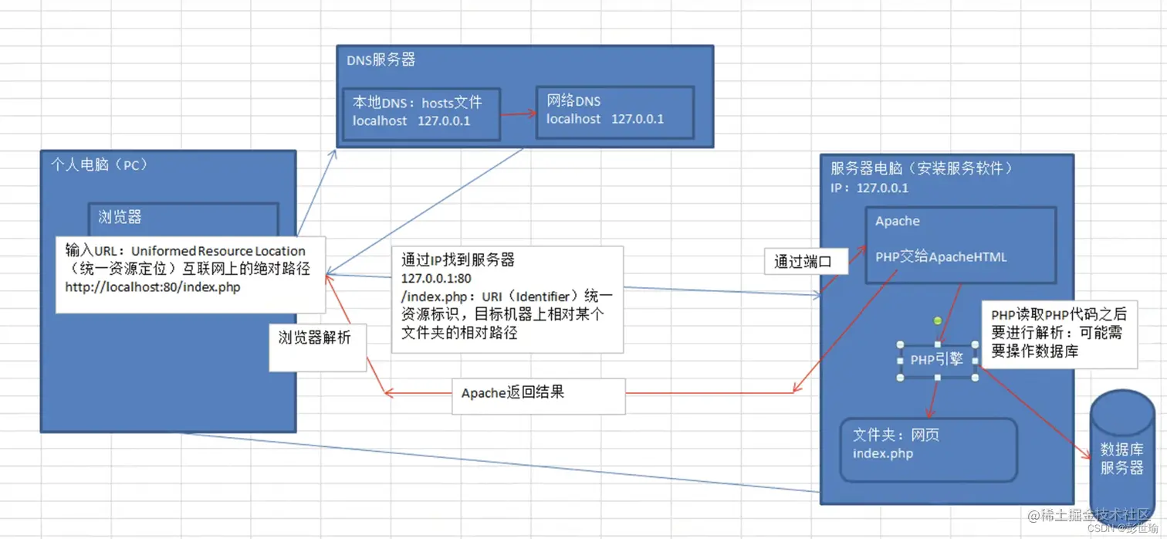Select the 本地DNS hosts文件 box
pyautogui.click(x=421, y=114)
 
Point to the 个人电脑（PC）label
pyautogui.click(x=99, y=165)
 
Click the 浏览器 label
pyautogui.click(x=120, y=218)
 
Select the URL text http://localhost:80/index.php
pyautogui.click(x=153, y=287)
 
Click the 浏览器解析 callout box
pyautogui.click(x=316, y=338)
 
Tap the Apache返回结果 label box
pyautogui.click(x=513, y=393)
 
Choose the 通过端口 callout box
pyautogui.click(x=803, y=261)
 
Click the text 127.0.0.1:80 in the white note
pyautogui.click(x=436, y=278)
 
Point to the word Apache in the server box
pyautogui.click(x=898, y=222)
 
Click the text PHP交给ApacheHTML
pyautogui.click(x=941, y=257)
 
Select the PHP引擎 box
pyautogui.click(x=937, y=361)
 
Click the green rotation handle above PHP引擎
pyautogui.click(x=937, y=320)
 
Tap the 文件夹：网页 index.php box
pyautogui.click(x=929, y=450)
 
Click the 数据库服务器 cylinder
pyautogui.click(x=1121, y=459)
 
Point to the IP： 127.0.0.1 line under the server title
pyautogui.click(x=870, y=188)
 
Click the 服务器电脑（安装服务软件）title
pyautogui.click(x=922, y=168)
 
